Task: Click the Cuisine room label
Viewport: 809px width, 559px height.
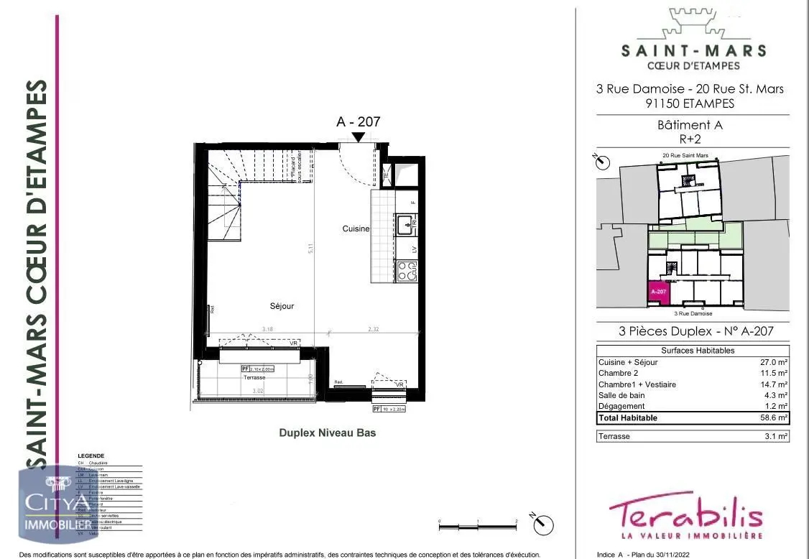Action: (356, 228)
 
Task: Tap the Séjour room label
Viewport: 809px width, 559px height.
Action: (282, 306)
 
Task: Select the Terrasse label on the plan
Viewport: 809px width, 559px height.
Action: (254, 377)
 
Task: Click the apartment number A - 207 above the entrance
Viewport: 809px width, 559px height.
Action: (358, 122)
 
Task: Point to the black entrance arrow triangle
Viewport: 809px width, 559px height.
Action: (358, 136)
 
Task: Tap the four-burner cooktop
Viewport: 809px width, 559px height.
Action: (406, 271)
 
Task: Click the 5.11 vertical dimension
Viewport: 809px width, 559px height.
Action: (310, 248)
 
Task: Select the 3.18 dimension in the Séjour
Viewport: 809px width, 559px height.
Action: (267, 329)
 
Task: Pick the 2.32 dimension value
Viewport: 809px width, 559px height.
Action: (374, 329)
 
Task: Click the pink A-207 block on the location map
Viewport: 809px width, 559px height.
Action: (659, 292)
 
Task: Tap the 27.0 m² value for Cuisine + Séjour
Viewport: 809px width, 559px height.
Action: (775, 362)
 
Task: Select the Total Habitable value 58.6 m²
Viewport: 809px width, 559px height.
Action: (775, 417)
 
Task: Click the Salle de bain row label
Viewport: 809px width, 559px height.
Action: (621, 395)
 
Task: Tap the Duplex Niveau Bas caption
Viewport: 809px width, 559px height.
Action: (327, 433)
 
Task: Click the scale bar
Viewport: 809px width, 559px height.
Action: (478, 527)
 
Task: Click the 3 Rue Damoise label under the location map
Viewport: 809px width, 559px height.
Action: (693, 313)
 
